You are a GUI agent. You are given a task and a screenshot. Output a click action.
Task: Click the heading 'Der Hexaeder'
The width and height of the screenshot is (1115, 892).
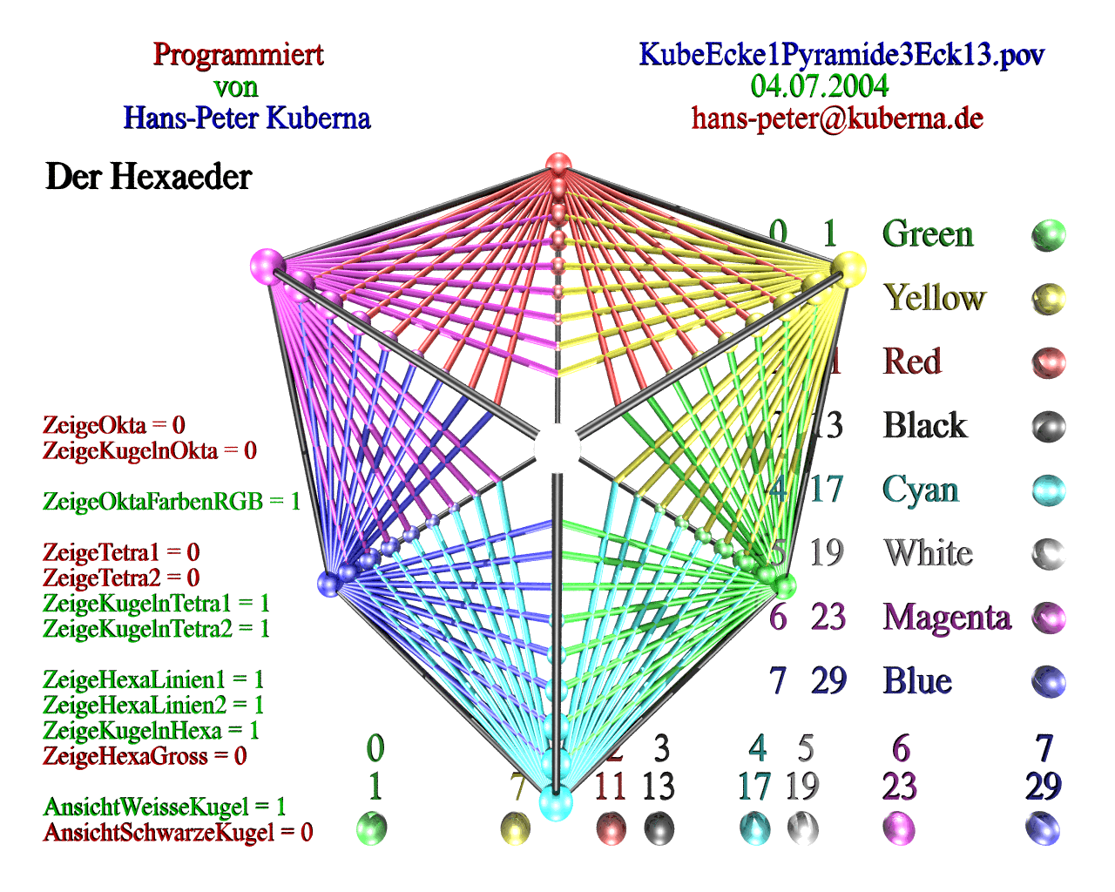(148, 177)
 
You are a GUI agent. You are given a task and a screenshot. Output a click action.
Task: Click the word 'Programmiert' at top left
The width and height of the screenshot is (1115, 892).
(238, 55)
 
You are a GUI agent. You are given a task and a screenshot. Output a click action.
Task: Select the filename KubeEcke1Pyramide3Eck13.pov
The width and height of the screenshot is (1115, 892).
(841, 55)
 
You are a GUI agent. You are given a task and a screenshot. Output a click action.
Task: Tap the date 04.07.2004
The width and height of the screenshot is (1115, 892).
(819, 86)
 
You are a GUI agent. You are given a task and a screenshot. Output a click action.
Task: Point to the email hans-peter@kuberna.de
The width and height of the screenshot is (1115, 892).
(837, 118)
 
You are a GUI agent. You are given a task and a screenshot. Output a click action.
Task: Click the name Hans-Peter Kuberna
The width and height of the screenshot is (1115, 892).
(247, 118)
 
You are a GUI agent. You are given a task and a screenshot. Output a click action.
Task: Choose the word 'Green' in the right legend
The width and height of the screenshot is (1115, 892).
(927, 234)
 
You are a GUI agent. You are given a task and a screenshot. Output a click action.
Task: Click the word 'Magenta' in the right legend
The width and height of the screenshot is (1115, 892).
(946, 618)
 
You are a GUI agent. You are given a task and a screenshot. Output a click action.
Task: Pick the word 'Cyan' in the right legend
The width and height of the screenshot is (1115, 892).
(920, 490)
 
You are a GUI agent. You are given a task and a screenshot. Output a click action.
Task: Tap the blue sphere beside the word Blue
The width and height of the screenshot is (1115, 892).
(1048, 681)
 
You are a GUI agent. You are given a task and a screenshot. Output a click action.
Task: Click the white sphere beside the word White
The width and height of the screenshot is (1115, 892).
(1048, 554)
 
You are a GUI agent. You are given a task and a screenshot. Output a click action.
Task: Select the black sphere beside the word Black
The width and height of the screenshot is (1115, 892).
(1048, 427)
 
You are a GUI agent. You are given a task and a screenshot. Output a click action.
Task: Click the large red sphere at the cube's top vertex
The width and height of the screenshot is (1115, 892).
(557, 166)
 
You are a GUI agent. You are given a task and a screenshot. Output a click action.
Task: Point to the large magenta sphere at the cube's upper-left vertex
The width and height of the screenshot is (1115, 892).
(267, 265)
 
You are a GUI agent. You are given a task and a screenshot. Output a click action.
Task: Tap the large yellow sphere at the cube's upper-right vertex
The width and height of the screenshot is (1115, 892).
(848, 267)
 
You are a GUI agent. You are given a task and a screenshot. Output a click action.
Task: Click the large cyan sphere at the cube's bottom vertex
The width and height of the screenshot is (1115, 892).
(555, 802)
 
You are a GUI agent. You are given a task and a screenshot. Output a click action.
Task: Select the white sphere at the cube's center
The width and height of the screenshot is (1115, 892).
(557, 446)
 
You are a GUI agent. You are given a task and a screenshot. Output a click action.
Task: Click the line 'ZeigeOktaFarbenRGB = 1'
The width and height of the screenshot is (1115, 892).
(172, 502)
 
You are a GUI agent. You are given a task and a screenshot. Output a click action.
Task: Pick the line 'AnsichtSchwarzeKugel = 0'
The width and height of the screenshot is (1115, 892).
(178, 833)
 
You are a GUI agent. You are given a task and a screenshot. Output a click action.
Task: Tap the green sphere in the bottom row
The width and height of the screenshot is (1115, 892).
(372, 828)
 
